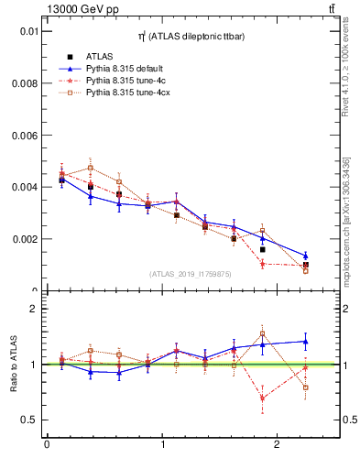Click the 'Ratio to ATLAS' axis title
coord(12,365)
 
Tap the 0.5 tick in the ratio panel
coord(29,420)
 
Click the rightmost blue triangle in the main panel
coord(306,256)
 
